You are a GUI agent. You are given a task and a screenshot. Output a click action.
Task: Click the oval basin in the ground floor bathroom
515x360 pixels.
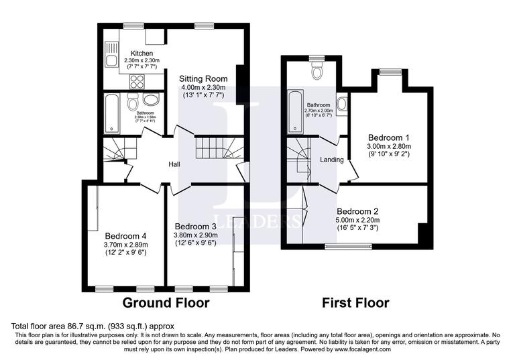coord(152,101)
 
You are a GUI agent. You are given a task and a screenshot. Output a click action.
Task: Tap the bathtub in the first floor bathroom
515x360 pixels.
coord(294,111)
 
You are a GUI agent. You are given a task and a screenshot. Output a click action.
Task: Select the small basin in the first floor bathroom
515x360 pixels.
coord(342,104)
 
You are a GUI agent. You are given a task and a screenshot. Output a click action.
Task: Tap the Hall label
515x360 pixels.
coord(174,164)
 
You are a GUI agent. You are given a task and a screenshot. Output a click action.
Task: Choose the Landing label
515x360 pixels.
coord(332,160)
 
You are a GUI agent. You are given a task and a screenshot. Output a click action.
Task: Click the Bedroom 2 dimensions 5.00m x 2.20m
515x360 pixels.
coord(357,219)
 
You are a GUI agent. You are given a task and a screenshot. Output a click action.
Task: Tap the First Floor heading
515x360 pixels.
coord(355,303)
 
